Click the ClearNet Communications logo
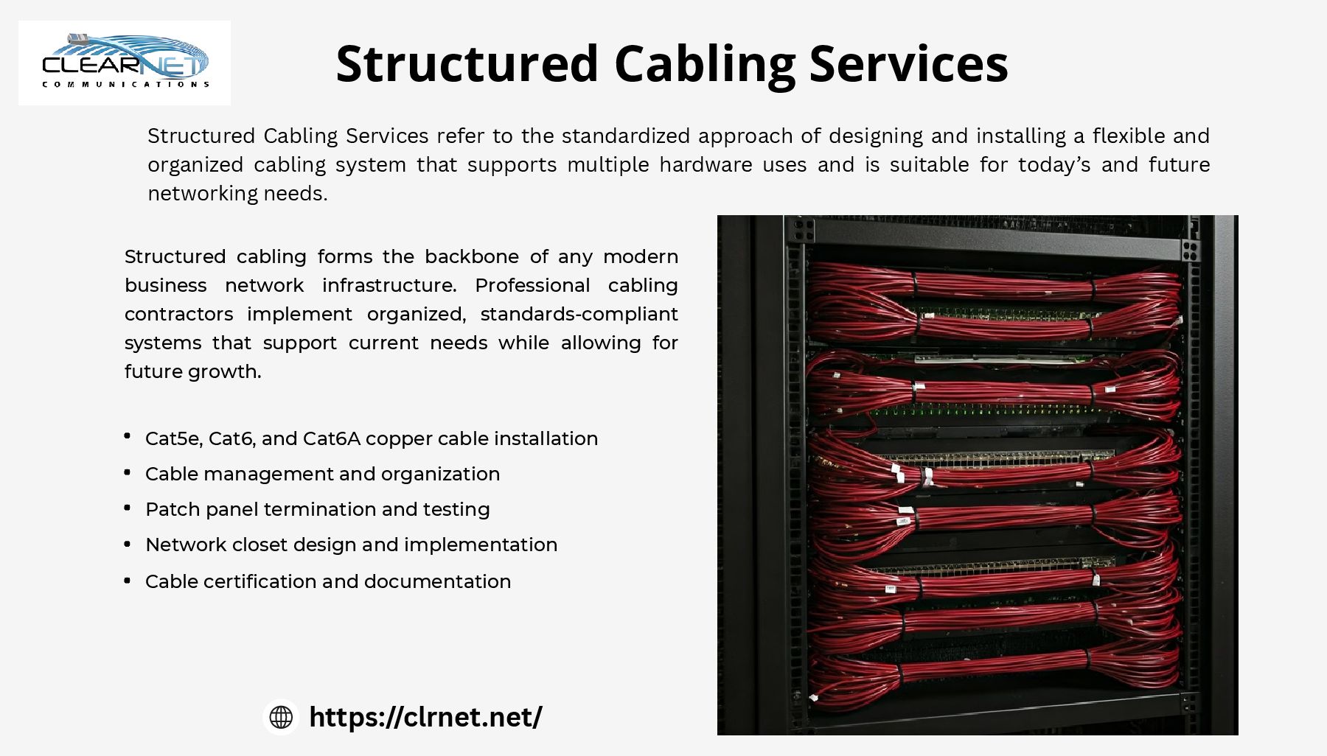click(125, 63)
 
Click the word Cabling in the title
click(704, 64)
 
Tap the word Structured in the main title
click(467, 64)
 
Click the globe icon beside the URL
click(281, 717)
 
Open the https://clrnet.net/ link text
click(425, 717)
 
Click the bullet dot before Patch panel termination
click(128, 508)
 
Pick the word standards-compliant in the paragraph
click(579, 314)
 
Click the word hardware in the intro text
click(706, 164)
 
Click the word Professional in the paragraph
click(532, 285)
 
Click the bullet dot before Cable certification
click(128, 581)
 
